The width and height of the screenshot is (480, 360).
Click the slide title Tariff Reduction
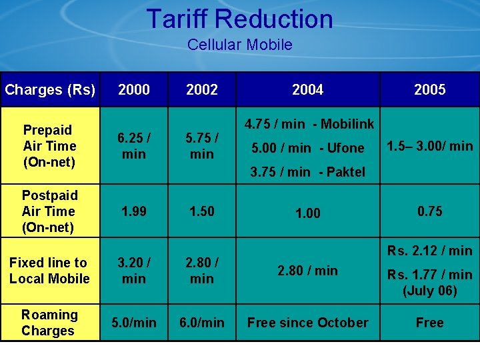[x=239, y=19]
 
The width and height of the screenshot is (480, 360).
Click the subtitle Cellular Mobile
[x=239, y=45]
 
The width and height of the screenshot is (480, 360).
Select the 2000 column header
[x=133, y=90]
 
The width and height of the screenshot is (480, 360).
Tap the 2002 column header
[x=201, y=90]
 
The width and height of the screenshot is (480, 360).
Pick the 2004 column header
[x=307, y=90]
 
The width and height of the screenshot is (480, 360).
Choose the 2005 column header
[x=429, y=90]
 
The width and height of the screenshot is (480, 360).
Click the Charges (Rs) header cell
[x=50, y=90]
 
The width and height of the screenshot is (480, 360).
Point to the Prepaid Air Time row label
[x=49, y=146]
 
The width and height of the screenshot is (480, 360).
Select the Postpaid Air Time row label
[x=49, y=211]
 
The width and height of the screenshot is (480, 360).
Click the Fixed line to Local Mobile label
[x=49, y=271]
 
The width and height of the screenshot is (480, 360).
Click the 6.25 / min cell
[x=133, y=146]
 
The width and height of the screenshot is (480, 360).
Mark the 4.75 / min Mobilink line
[x=309, y=124]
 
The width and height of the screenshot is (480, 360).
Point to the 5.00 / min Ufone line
[x=307, y=148]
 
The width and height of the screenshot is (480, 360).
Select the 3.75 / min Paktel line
[x=307, y=172]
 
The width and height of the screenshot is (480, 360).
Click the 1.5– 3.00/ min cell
[x=430, y=146]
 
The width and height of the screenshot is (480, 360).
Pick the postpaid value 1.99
[x=133, y=211]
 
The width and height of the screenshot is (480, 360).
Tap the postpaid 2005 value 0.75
[x=429, y=211]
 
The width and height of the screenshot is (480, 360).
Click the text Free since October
[x=307, y=323]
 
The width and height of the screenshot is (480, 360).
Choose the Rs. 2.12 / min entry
[x=429, y=251]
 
